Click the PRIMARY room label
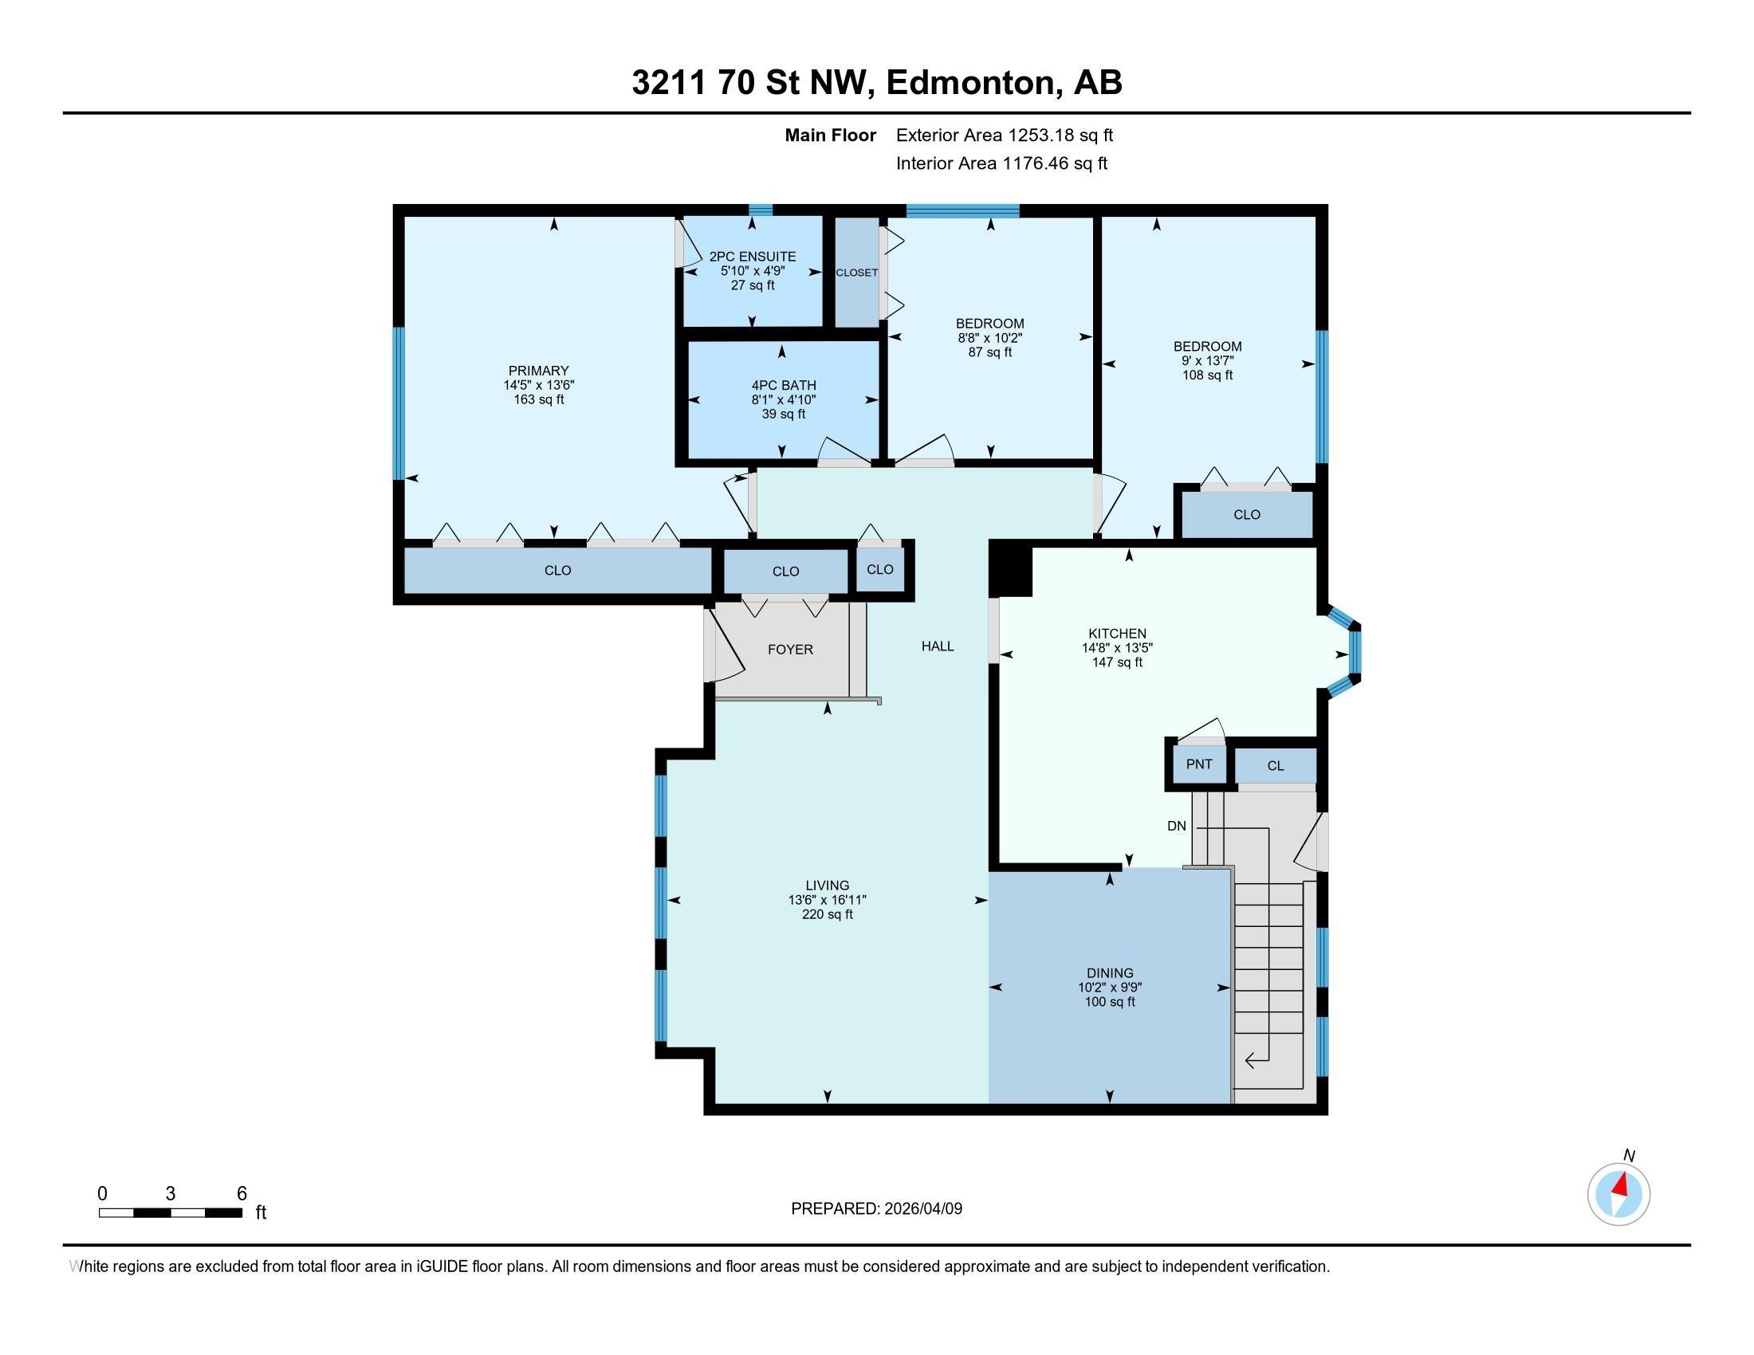[538, 370]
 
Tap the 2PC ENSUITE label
[753, 257]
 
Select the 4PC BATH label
[784, 385]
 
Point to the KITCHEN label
[1117, 634]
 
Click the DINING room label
[1110, 973]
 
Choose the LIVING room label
[828, 886]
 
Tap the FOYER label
[790, 650]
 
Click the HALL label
[938, 646]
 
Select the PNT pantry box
[1199, 764]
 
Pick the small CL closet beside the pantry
[1276, 766]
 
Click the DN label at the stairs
[1177, 826]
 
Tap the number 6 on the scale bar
[242, 1194]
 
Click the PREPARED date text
[876, 1208]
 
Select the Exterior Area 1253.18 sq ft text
[1005, 135]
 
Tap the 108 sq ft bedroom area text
[1207, 375]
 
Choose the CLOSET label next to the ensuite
[857, 273]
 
